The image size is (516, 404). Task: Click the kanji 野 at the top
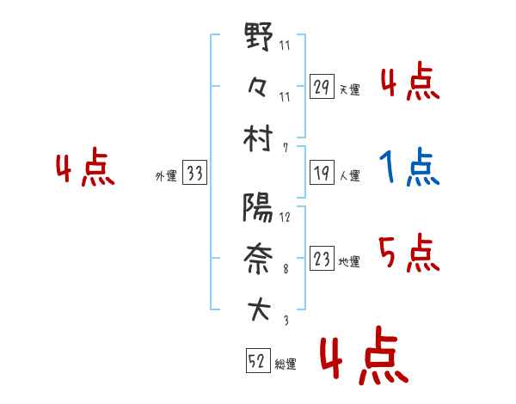(x=259, y=38)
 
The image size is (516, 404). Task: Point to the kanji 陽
(x=258, y=208)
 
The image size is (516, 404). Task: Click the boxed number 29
(x=322, y=87)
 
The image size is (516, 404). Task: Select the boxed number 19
(x=322, y=173)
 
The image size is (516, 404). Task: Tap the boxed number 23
(x=322, y=259)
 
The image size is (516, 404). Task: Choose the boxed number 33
(x=195, y=174)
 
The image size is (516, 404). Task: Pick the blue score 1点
(x=409, y=168)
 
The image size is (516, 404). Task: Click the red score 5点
(x=409, y=254)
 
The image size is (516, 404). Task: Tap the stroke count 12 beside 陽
(x=285, y=217)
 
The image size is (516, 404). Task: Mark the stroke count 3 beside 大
(x=285, y=321)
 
